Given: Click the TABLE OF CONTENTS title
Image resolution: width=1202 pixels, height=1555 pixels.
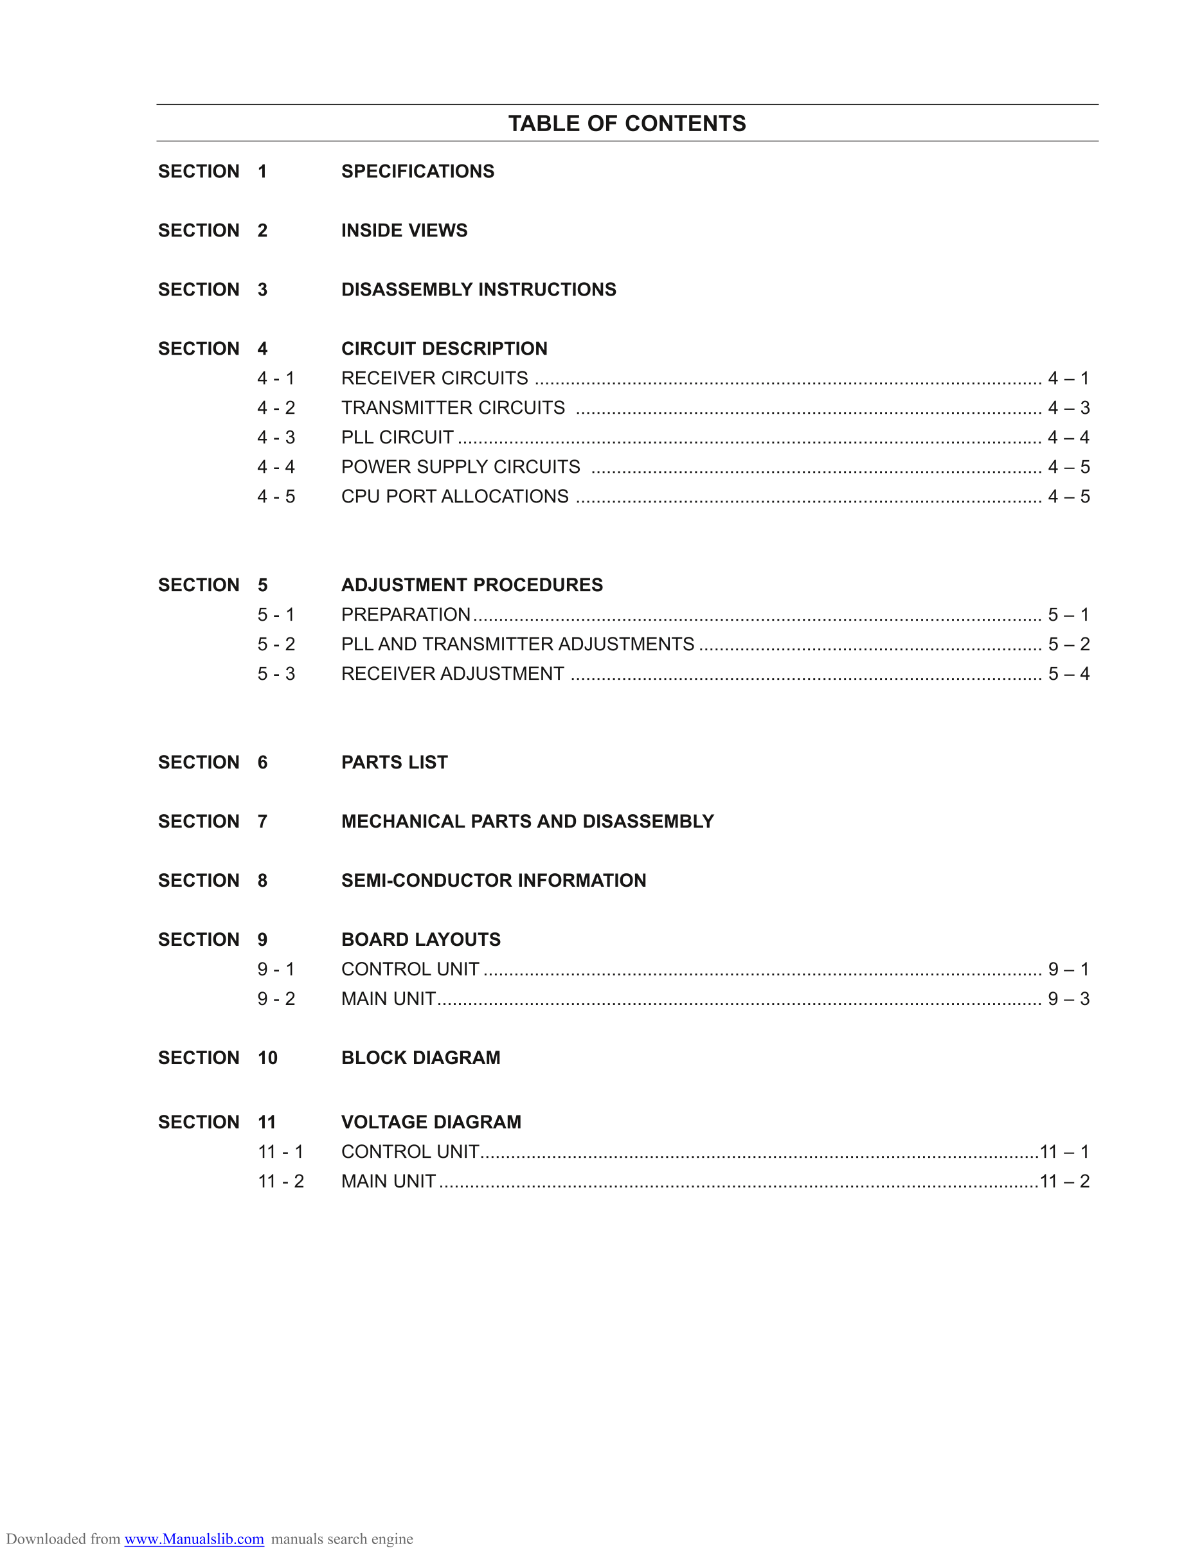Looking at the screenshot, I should (627, 123).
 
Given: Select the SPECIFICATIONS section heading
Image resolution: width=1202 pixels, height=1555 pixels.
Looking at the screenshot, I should (417, 172).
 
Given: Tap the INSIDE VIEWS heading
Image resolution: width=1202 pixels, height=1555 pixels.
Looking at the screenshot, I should (404, 231).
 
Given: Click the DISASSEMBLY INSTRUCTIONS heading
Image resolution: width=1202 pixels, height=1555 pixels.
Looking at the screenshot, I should (478, 290).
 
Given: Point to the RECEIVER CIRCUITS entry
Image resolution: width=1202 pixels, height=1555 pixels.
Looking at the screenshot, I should (435, 378).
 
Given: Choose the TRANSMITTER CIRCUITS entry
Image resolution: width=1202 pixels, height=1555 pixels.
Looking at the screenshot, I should (453, 408).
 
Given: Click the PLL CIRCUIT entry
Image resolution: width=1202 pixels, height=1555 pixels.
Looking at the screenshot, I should (397, 437).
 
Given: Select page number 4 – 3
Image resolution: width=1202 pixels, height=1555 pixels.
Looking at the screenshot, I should (1068, 408).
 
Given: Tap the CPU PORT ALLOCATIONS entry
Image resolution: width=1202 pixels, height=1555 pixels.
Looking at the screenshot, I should (454, 496).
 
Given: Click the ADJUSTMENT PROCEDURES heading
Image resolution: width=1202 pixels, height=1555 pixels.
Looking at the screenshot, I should (471, 585).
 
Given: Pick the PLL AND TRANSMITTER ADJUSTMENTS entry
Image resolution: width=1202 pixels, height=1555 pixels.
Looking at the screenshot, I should (517, 644).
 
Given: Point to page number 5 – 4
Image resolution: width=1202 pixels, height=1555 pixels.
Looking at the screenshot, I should (1068, 673).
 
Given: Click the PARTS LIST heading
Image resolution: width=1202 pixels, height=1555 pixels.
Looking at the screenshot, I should (395, 763).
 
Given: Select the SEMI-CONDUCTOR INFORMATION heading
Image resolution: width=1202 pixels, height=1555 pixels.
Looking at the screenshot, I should (494, 881).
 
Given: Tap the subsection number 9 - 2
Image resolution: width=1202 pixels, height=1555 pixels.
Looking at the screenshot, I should (276, 999).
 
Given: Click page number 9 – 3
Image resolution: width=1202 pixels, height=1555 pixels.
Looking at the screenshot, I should (1068, 999).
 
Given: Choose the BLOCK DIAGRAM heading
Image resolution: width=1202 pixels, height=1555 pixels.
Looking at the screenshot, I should (420, 1058).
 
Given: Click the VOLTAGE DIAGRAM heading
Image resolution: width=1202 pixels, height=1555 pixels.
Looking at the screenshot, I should (431, 1122).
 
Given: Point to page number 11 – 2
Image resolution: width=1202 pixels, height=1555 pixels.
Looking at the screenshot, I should (1064, 1181).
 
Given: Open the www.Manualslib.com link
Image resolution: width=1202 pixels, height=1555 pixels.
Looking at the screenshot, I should (194, 1539).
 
